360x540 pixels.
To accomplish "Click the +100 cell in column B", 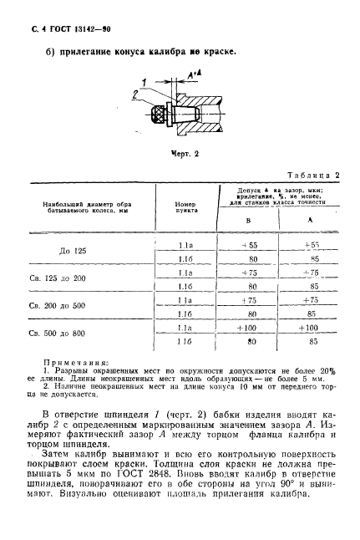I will pos(246,329).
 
